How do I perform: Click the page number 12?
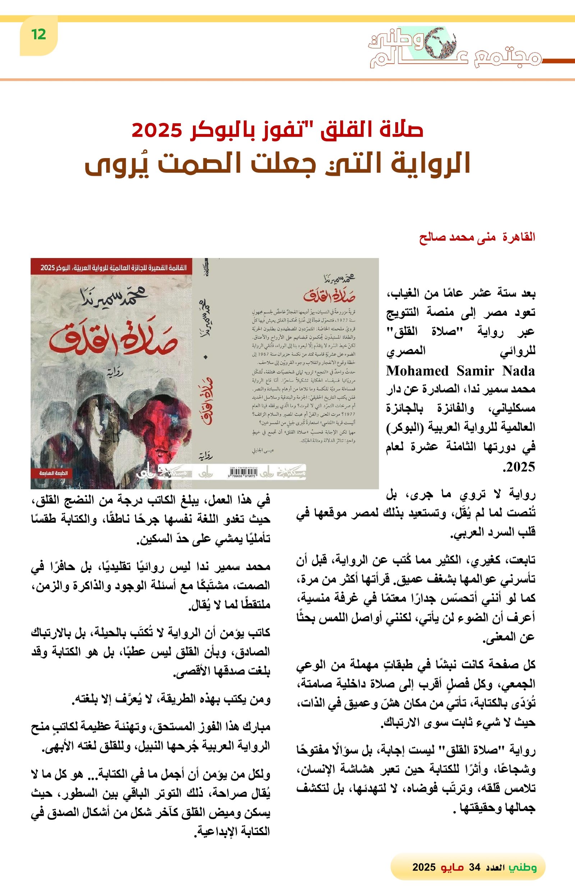point(39,35)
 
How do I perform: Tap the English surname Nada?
point(518,371)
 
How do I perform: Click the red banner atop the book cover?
point(111,267)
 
